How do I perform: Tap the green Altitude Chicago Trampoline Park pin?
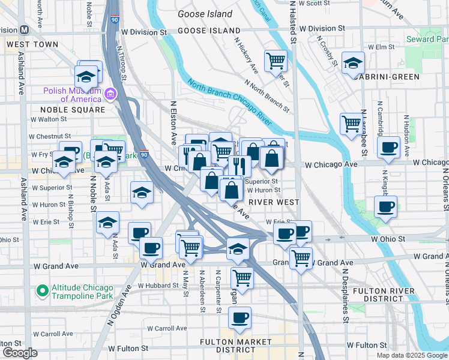(x=42, y=291)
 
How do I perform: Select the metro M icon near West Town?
(x=25, y=30)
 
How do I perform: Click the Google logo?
(x=19, y=353)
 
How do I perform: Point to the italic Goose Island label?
(x=205, y=14)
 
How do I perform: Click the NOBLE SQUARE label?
(x=73, y=110)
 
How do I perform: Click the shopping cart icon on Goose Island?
(x=276, y=60)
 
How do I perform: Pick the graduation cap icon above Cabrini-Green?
(x=353, y=62)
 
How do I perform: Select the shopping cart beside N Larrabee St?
(x=351, y=124)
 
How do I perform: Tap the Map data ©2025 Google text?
(x=411, y=355)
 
